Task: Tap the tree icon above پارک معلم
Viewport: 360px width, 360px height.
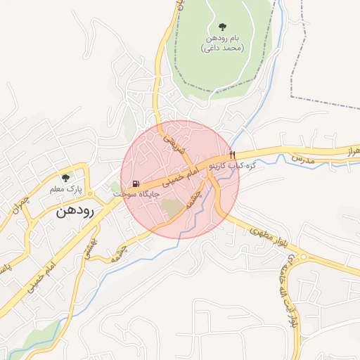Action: [66, 178]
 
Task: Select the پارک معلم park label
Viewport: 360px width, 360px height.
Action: [66, 189]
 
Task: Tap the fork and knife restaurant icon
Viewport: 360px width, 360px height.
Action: [232, 155]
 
